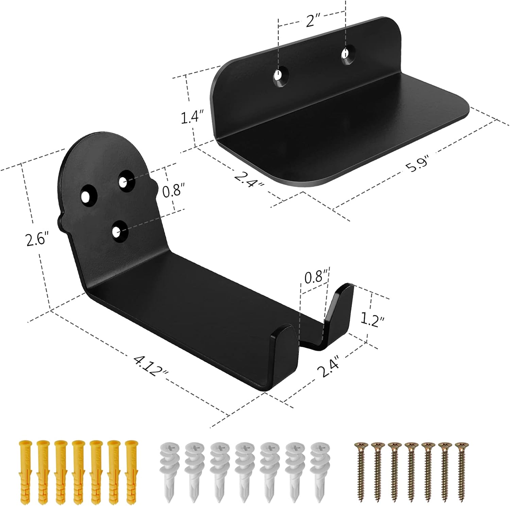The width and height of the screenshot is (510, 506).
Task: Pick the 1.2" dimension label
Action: (x=373, y=320)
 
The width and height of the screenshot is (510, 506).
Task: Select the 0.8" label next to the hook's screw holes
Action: (x=173, y=191)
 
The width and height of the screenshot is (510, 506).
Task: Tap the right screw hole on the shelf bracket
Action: (x=346, y=54)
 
